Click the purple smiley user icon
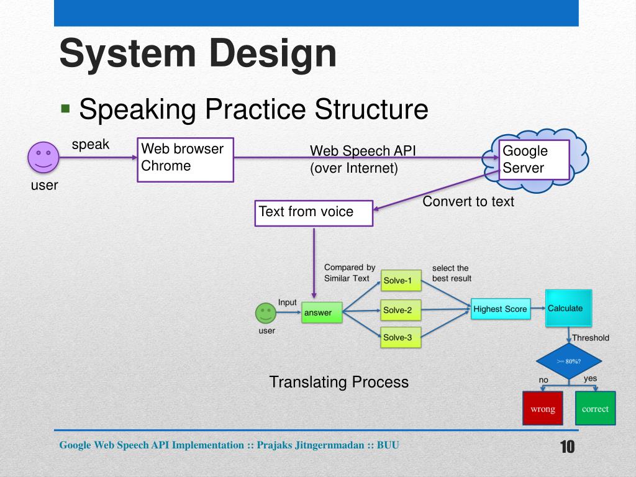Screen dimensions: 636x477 43,157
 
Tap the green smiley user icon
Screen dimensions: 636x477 266,313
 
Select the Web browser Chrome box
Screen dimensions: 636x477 185,160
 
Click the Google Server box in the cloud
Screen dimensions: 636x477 534,160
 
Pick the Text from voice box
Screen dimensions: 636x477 314,214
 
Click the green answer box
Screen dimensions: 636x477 322,312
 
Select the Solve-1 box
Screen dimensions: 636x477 401,280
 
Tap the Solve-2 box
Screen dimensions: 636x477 401,311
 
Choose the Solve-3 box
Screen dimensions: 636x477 401,337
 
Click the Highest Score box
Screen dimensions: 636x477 501,309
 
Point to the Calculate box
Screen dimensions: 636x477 569,308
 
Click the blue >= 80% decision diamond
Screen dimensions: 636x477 569,361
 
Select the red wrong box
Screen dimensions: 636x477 543,409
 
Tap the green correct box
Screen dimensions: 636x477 595,409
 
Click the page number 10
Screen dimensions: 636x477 568,447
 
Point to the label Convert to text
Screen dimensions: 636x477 468,202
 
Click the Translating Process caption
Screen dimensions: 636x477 338,382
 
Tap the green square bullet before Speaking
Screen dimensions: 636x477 65,108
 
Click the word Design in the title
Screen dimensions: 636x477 273,53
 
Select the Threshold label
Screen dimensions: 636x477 591,338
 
